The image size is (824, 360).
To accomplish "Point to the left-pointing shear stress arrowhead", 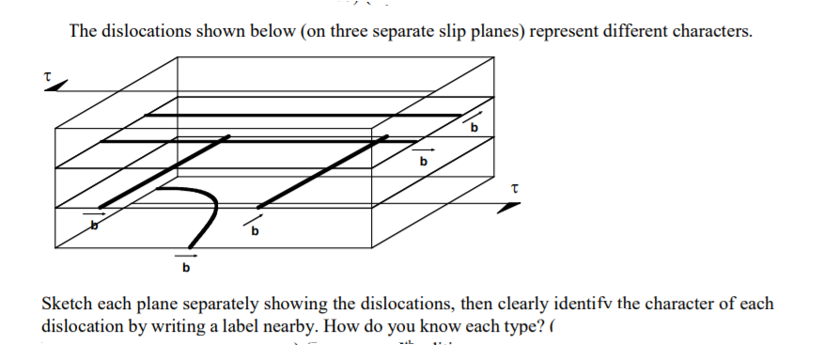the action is pyautogui.click(x=56, y=86).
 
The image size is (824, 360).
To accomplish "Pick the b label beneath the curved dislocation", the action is pyautogui.click(x=185, y=269).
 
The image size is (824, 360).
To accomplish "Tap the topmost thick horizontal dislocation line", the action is pyautogui.click(x=301, y=115).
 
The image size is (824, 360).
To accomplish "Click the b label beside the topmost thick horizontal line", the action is pyautogui.click(x=474, y=127).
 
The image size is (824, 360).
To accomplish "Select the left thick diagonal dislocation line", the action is pyautogui.click(x=160, y=172).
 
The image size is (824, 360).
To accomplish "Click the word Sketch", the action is pyautogui.click(x=67, y=305).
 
